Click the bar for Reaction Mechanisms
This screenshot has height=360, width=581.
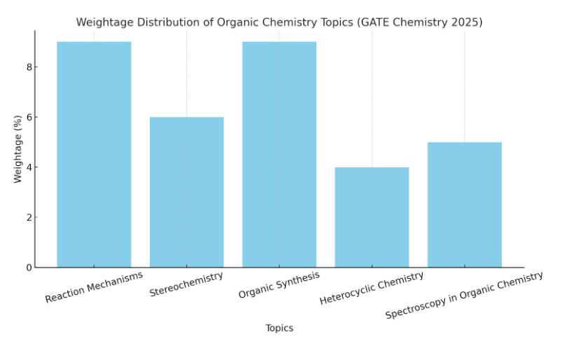click(94, 154)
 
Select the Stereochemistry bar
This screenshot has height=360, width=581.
click(186, 192)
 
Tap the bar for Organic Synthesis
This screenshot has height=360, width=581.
click(279, 154)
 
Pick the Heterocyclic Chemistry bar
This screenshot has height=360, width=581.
click(371, 217)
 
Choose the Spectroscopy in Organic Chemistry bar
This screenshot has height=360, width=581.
click(464, 205)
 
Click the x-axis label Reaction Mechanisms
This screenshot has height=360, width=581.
click(94, 287)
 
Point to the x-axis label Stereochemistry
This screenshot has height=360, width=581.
click(186, 284)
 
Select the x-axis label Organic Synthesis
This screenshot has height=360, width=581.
click(279, 285)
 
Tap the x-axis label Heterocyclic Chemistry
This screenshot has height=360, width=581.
click(371, 288)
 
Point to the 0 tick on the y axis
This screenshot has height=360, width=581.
click(29, 268)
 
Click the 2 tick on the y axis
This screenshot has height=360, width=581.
click(29, 217)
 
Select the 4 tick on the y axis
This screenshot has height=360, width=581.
click(29, 167)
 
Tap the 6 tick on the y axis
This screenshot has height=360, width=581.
click(29, 117)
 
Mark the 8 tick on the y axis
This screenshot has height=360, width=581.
click(29, 67)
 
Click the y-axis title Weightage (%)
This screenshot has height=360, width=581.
click(18, 149)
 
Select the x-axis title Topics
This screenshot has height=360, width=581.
click(279, 328)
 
